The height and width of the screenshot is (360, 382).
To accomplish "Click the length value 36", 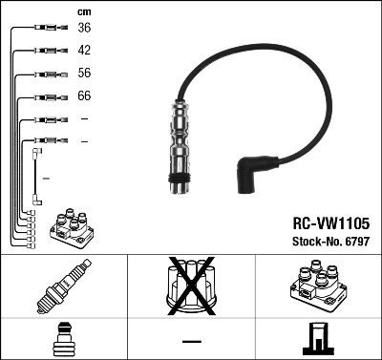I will coord(84,29).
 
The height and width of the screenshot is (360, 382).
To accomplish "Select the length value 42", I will coord(84,51).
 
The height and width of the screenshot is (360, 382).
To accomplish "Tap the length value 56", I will coord(84,74).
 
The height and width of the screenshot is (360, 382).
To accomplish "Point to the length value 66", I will coord(84,96).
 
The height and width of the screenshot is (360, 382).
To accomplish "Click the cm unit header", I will coord(83,11).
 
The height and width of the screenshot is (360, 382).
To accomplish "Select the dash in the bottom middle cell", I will coord(190,340).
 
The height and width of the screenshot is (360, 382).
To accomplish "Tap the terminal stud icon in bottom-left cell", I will coord(63,340).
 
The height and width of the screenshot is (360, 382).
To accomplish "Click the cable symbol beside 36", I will coord(44,29).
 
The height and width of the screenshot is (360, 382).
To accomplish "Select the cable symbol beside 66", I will coord(44,96).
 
